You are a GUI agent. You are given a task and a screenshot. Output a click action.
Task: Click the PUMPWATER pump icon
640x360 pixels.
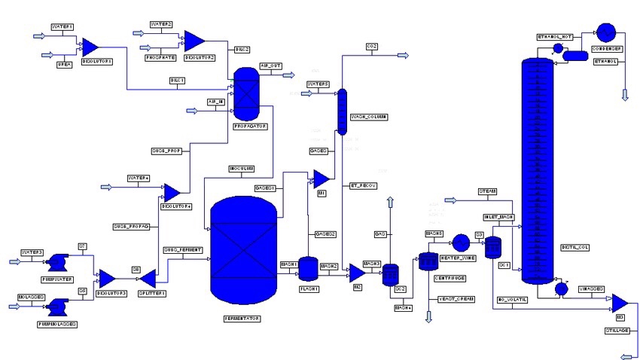[56, 263]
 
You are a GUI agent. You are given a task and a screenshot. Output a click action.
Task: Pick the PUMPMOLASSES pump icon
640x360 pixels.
[56, 306]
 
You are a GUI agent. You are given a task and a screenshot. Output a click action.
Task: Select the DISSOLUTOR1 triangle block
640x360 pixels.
[90, 47]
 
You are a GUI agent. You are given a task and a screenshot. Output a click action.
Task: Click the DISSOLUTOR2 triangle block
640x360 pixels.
[194, 41]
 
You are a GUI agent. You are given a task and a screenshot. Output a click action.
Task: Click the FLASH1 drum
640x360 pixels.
[308, 268]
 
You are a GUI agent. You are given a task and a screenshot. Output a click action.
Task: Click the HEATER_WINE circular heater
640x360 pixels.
[460, 243]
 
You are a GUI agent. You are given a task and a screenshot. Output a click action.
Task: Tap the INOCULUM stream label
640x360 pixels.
[240, 168]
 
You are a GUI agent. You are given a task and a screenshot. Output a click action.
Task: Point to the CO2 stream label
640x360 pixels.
[372, 47]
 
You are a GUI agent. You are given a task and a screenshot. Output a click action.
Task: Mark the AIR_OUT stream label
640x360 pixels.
[271, 66]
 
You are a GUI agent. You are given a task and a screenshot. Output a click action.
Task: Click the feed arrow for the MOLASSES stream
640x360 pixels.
[16, 306]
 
